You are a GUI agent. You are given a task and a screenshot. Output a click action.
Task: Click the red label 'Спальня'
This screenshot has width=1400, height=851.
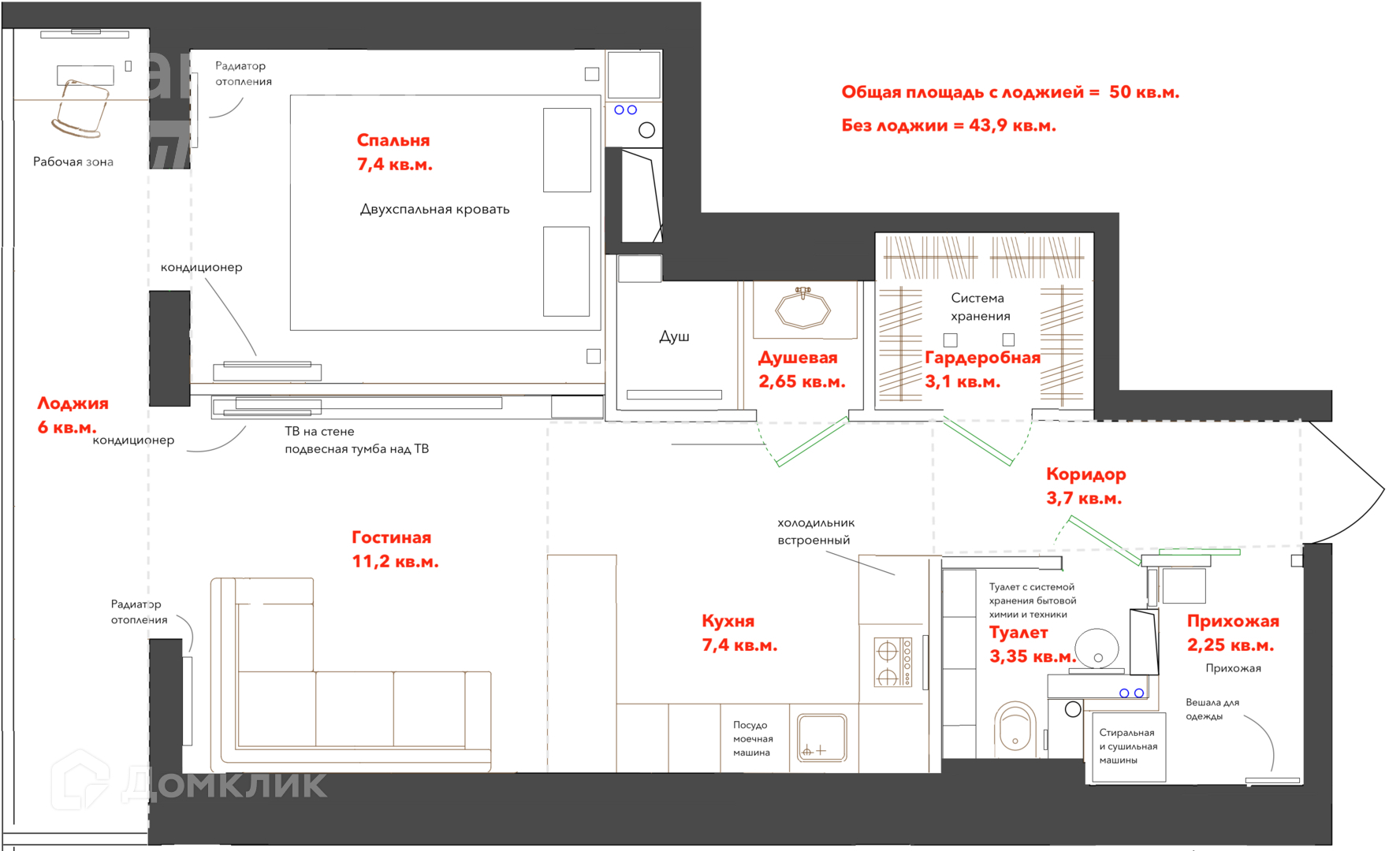(x=393, y=140)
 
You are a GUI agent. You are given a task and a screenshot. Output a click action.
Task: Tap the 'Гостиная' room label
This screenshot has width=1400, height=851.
(x=391, y=537)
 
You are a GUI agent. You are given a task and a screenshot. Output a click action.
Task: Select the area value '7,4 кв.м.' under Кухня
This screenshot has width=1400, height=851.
(x=739, y=645)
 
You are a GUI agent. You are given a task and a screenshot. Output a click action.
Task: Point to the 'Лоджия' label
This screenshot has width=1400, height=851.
(x=73, y=403)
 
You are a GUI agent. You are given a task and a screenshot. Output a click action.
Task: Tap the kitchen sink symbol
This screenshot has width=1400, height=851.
(x=822, y=738)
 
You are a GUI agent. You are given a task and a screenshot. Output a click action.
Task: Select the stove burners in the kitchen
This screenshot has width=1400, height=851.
(x=893, y=663)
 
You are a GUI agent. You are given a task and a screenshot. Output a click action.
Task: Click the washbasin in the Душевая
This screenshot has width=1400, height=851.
(x=803, y=308)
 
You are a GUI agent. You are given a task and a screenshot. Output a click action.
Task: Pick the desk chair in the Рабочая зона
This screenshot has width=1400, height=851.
(x=80, y=108)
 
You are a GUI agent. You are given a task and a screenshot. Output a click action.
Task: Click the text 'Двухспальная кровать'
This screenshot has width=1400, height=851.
(x=434, y=209)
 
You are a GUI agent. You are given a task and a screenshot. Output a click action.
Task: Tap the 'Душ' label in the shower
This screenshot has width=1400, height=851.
(x=674, y=336)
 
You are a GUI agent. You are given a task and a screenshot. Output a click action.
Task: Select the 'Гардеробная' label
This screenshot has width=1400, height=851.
(x=982, y=358)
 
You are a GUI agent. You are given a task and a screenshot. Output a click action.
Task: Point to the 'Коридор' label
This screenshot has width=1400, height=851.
(x=1085, y=474)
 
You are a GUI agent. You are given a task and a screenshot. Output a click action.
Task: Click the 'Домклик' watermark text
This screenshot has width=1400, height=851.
(x=224, y=784)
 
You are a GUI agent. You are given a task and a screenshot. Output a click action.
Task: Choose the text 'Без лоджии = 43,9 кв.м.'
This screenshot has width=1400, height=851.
(x=948, y=125)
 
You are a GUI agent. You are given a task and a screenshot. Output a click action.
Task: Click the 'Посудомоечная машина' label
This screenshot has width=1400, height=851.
(x=753, y=738)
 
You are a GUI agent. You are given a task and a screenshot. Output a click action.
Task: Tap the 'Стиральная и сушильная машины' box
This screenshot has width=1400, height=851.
(x=1128, y=746)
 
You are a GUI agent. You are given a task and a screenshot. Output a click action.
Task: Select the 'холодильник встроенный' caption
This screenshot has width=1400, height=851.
(x=816, y=531)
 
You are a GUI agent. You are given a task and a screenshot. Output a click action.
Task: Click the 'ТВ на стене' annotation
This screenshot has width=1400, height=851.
(x=319, y=431)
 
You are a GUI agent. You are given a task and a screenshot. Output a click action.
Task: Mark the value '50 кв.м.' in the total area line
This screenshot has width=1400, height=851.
(x=1144, y=92)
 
